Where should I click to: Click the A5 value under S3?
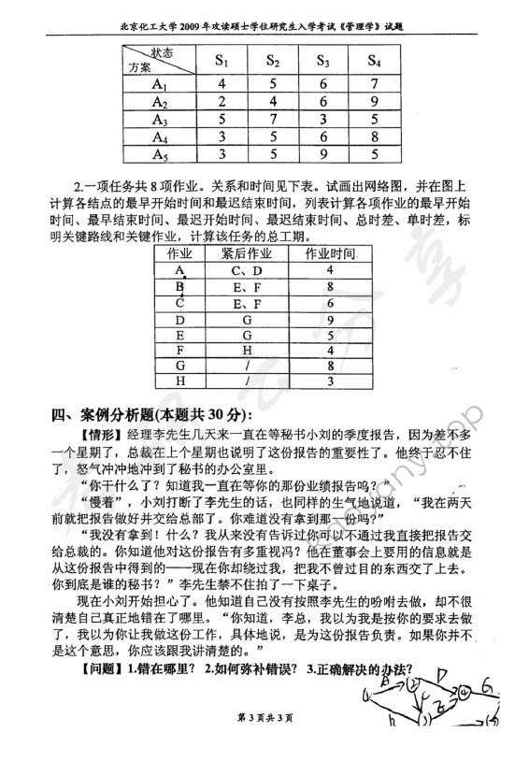coord(322,157)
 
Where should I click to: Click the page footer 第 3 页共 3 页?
coord(265,743)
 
